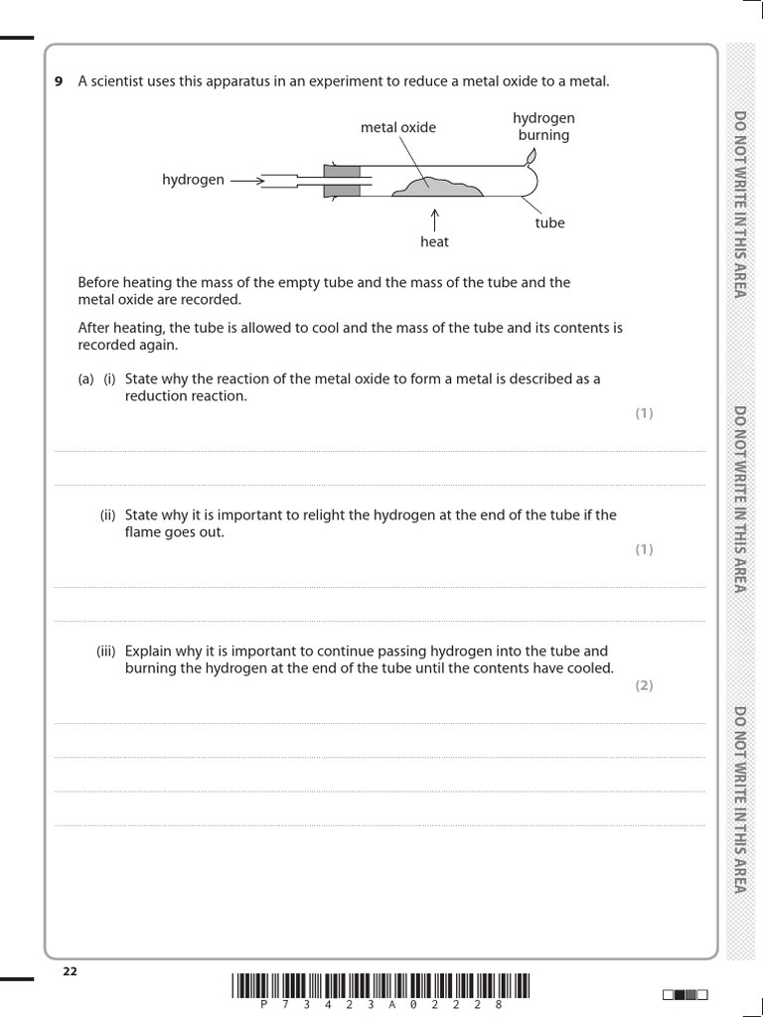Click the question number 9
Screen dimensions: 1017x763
[58, 81]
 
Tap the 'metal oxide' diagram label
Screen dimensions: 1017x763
[397, 127]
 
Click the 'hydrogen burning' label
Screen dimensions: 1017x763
[543, 126]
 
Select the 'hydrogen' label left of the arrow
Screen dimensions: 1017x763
[193, 180]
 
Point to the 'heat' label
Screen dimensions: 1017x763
[434, 241]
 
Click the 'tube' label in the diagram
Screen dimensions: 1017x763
[549, 222]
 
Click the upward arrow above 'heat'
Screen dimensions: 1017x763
[434, 218]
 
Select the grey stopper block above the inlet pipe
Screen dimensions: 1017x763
[342, 170]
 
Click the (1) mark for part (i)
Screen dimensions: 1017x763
[644, 413]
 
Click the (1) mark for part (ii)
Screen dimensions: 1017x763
[644, 549]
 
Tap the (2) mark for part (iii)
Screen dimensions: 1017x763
[644, 685]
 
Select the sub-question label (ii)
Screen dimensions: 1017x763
[107, 514]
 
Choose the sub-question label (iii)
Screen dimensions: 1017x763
[106, 652]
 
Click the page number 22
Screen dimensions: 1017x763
[70, 971]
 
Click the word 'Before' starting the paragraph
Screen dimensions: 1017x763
[98, 282]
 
